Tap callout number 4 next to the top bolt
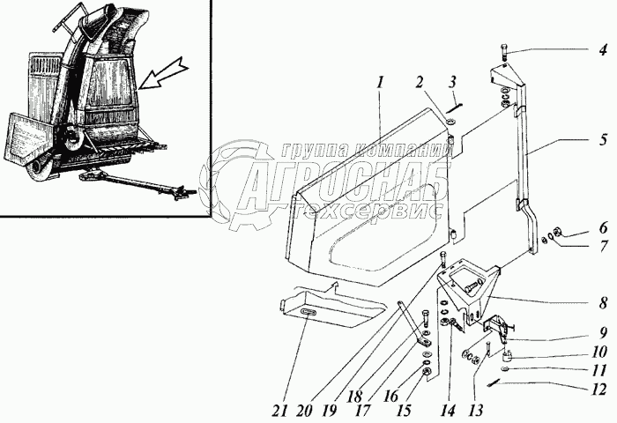coord(602,49)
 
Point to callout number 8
coord(602,303)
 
